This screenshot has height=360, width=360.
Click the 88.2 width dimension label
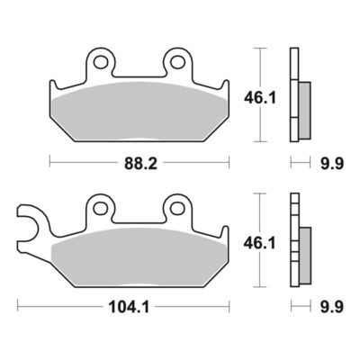tap(140, 164)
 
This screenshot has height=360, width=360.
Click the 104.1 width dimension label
tap(129, 307)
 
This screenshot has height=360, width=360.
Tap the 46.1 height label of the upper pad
tap(260, 98)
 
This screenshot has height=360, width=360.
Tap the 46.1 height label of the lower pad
tap(260, 243)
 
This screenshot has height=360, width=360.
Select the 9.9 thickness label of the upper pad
tap(332, 164)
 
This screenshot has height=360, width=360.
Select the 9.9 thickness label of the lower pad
tap(332, 307)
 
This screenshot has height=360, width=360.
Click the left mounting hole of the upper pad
tap(100, 62)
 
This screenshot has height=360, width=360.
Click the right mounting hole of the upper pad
tap(177, 62)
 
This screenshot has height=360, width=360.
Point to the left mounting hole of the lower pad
tap(100, 208)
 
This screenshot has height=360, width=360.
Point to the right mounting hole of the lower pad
tap(177, 208)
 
